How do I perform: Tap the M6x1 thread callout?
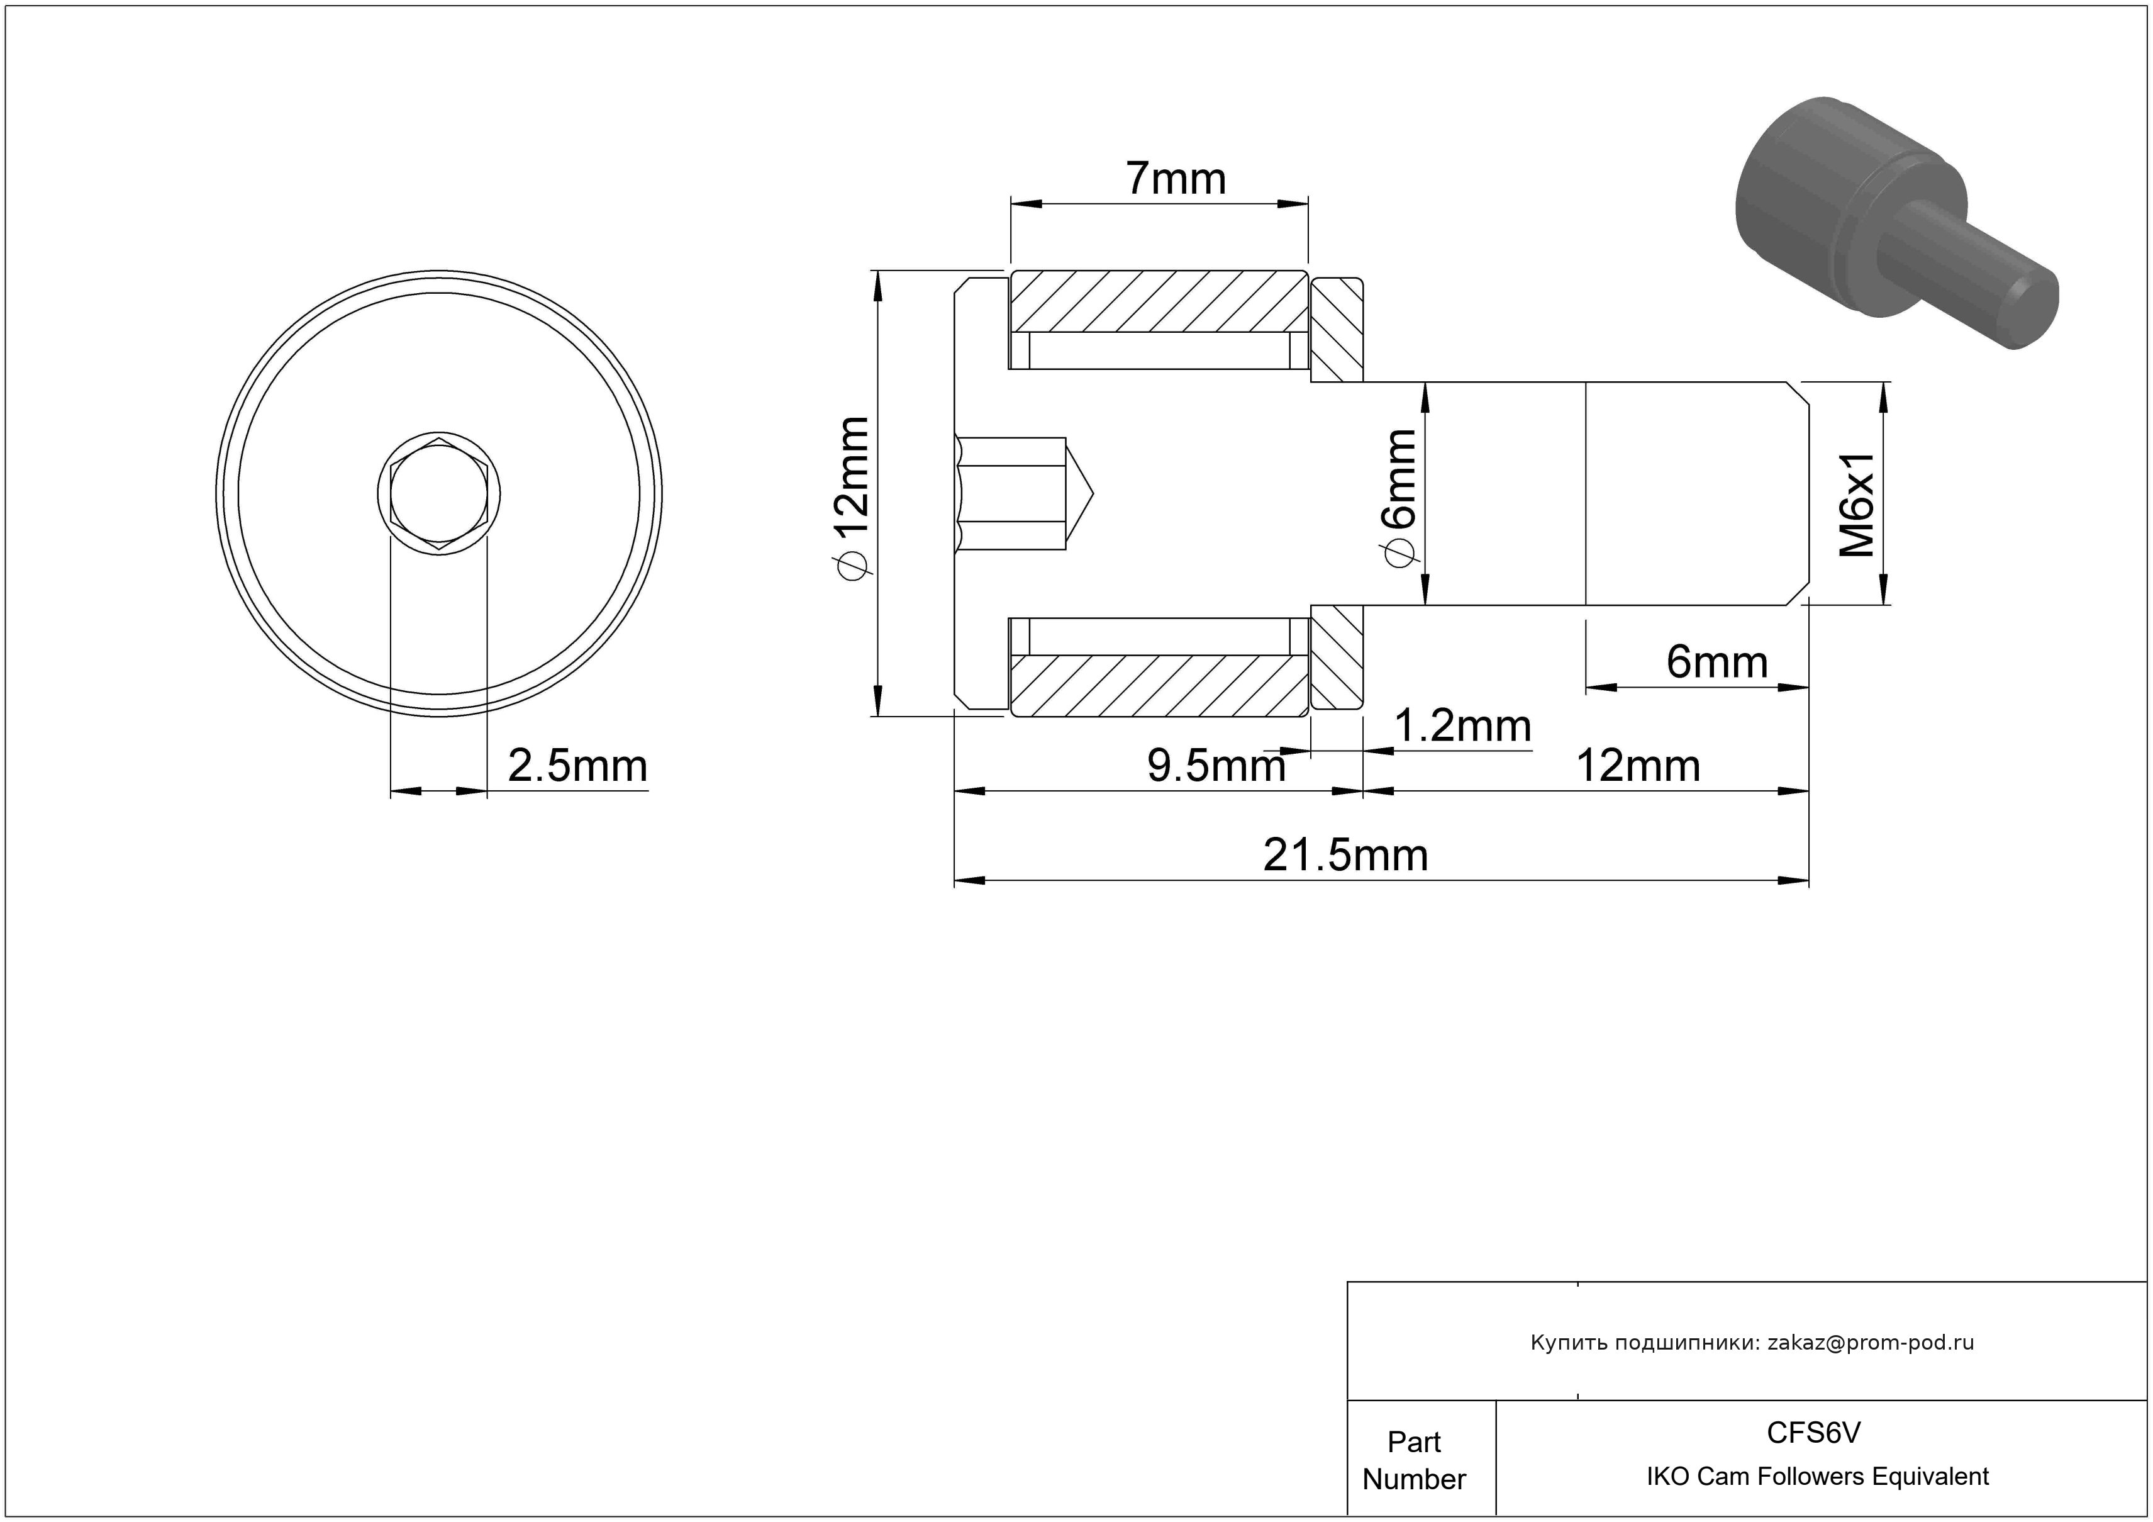pyautogui.click(x=1857, y=505)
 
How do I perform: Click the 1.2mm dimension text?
pyautogui.click(x=1463, y=726)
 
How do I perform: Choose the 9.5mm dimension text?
pyautogui.click(x=1216, y=766)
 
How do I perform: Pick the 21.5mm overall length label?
pyautogui.click(x=1345, y=855)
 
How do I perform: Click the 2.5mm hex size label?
pyautogui.click(x=577, y=766)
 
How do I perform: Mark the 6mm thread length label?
pyautogui.click(x=1717, y=662)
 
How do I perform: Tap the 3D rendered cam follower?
pyautogui.click(x=1896, y=223)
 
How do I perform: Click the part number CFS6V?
pyautogui.click(x=1813, y=1433)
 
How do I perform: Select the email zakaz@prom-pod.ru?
pyautogui.click(x=1871, y=1343)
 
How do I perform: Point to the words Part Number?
pyautogui.click(x=1414, y=1460)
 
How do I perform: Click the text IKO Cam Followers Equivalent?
pyautogui.click(x=1817, y=1477)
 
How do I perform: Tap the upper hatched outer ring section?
pyautogui.click(x=1159, y=302)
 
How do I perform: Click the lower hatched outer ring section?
pyautogui.click(x=1159, y=686)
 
